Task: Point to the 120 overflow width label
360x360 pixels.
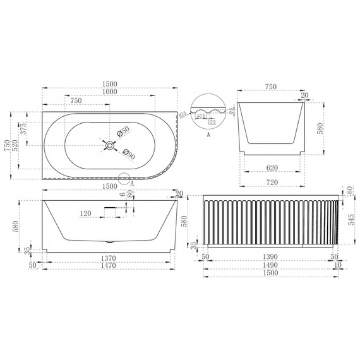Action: (88, 213)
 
